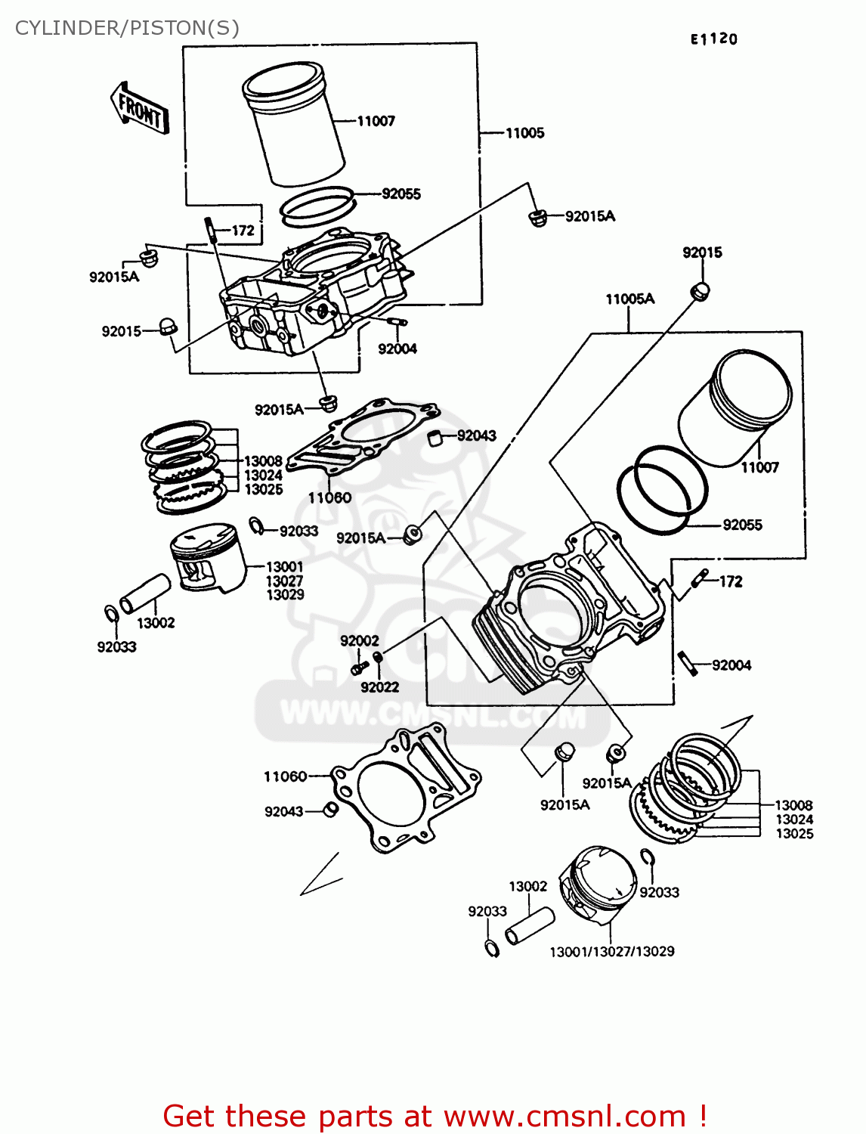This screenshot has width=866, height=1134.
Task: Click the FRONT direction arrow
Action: tap(141, 109)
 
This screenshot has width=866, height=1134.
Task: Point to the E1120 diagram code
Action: tap(713, 39)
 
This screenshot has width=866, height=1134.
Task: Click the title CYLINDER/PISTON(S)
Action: tap(127, 28)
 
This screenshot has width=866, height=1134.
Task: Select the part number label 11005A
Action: tap(629, 299)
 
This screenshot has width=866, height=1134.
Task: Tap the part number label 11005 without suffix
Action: tap(524, 133)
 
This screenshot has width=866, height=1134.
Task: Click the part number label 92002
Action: tap(359, 641)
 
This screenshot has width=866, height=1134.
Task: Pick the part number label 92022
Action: tap(379, 687)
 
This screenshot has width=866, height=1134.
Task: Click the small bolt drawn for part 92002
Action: tap(359, 668)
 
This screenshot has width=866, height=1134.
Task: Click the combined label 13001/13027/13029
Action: tap(611, 952)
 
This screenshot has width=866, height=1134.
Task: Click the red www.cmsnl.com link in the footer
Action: tap(564, 1117)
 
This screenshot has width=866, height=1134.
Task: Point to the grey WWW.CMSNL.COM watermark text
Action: tap(432, 714)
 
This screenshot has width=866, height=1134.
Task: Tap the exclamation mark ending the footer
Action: tap(702, 1117)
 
